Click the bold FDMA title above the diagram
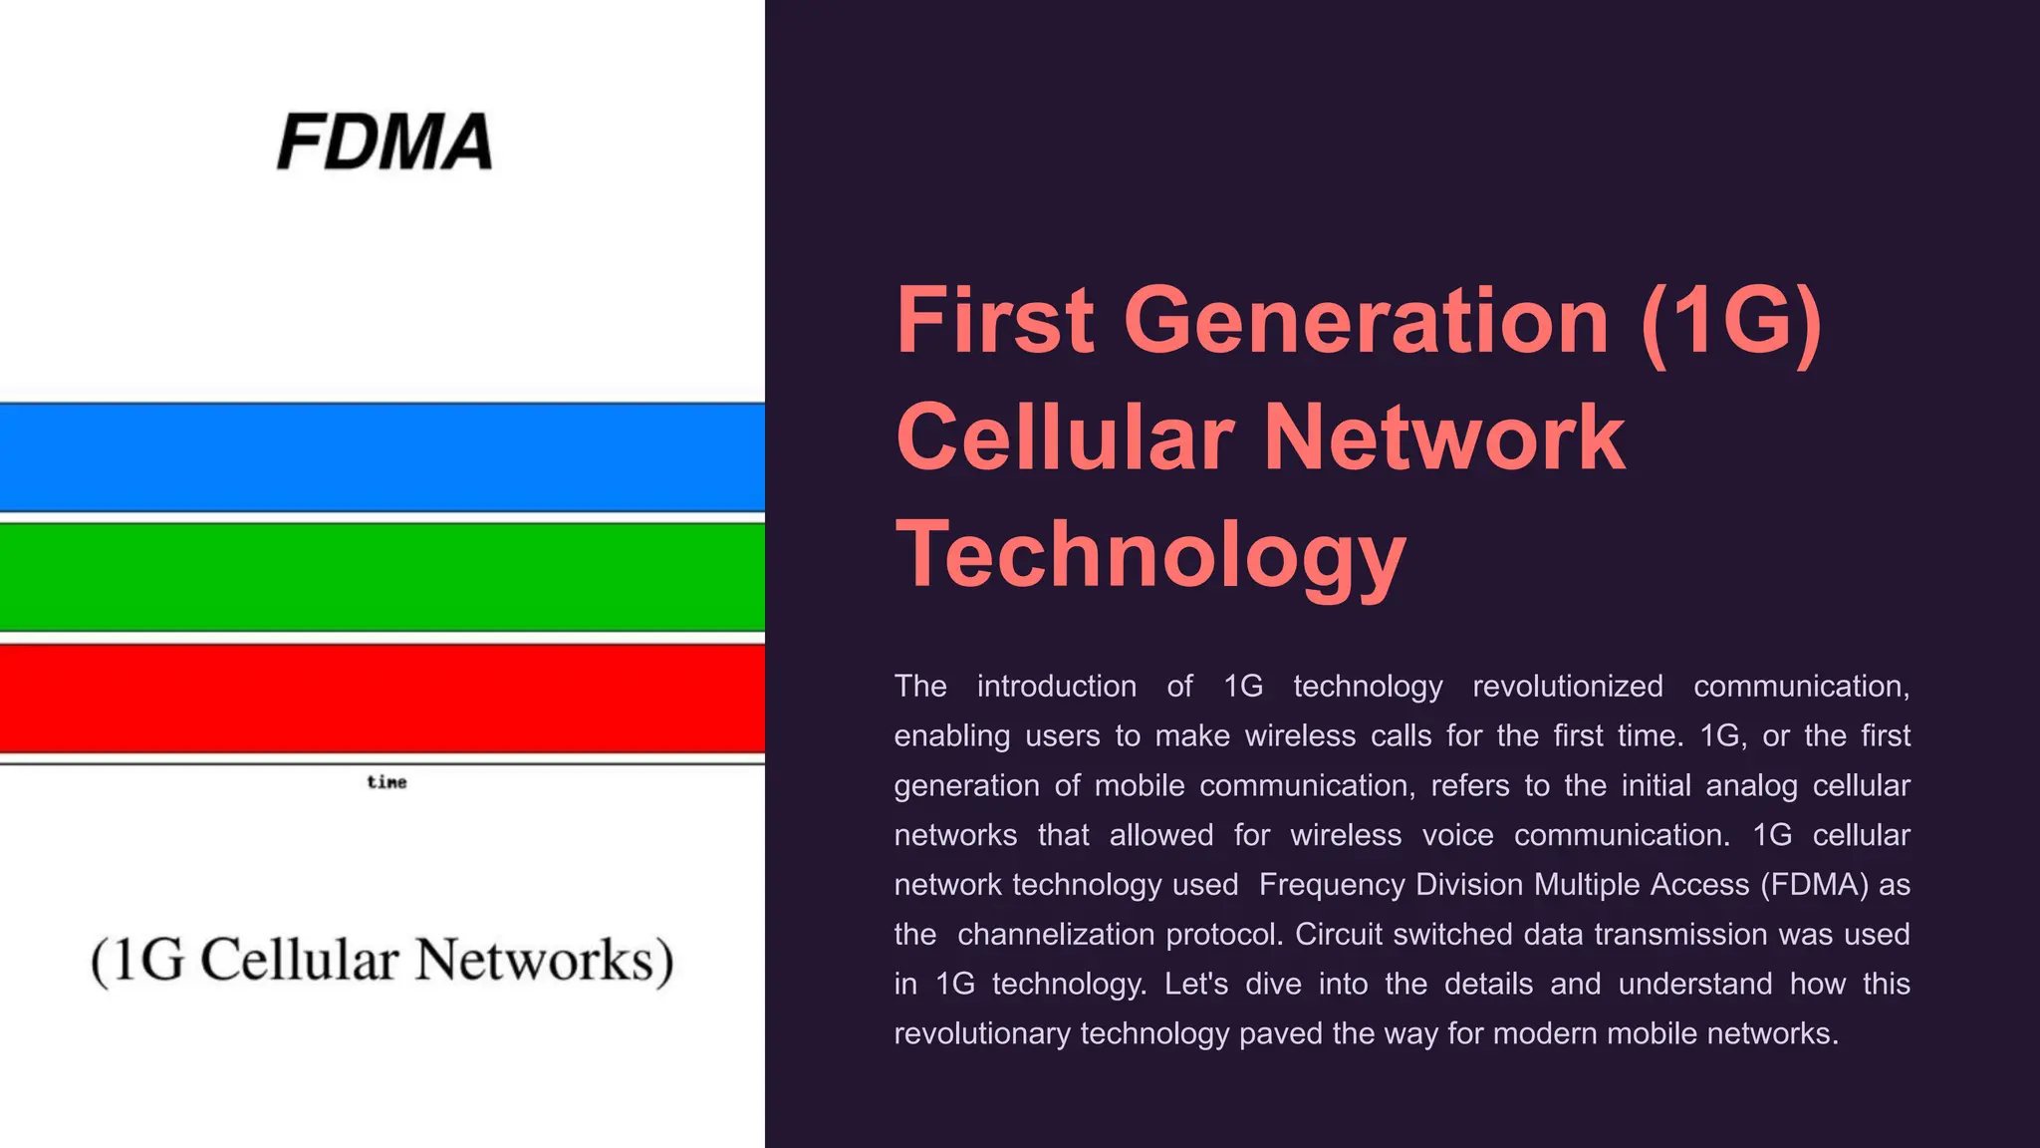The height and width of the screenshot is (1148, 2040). click(x=384, y=142)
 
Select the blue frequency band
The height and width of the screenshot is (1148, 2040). click(x=382, y=457)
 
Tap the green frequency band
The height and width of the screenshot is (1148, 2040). click(x=382, y=578)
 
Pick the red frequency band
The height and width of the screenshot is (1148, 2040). click(x=382, y=699)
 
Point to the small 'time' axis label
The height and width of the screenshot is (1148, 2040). click(x=386, y=782)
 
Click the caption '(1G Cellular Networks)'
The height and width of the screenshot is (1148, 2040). click(x=382, y=960)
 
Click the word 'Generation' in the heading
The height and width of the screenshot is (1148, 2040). click(x=1366, y=321)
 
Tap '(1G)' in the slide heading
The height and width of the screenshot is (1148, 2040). click(x=1731, y=321)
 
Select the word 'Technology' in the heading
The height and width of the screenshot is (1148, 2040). click(x=1151, y=554)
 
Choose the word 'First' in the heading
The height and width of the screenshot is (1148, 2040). click(x=995, y=321)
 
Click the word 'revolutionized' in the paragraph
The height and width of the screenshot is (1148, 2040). click(x=1568, y=686)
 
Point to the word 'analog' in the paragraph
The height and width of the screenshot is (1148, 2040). click(x=1751, y=785)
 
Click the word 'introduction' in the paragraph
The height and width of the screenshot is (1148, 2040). click(x=1056, y=686)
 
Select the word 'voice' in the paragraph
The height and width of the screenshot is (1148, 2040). click(x=1457, y=835)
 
